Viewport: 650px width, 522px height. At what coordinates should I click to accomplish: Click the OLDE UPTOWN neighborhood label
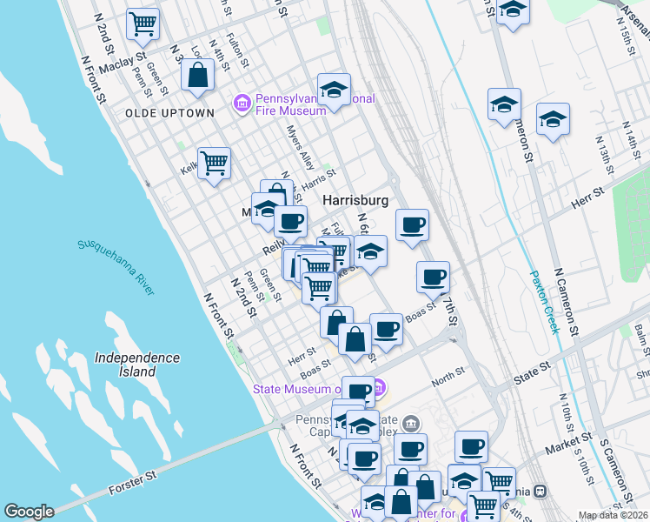[x=169, y=113]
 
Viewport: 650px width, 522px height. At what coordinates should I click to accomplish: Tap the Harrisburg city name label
[x=355, y=200]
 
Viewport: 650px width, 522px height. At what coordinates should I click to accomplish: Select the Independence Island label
[x=137, y=365]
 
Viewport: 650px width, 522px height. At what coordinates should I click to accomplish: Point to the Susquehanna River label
[x=116, y=267]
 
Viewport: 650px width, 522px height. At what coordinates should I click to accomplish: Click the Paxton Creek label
[x=543, y=301]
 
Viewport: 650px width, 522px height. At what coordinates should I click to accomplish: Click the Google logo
[x=29, y=512]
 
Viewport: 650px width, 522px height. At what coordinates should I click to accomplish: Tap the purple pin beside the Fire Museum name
[x=242, y=104]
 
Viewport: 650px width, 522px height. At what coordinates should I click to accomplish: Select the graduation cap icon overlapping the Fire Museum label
[x=332, y=90]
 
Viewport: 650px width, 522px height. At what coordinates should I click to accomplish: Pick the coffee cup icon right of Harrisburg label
[x=413, y=225]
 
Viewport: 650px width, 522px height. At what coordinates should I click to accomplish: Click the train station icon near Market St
[x=541, y=491]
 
